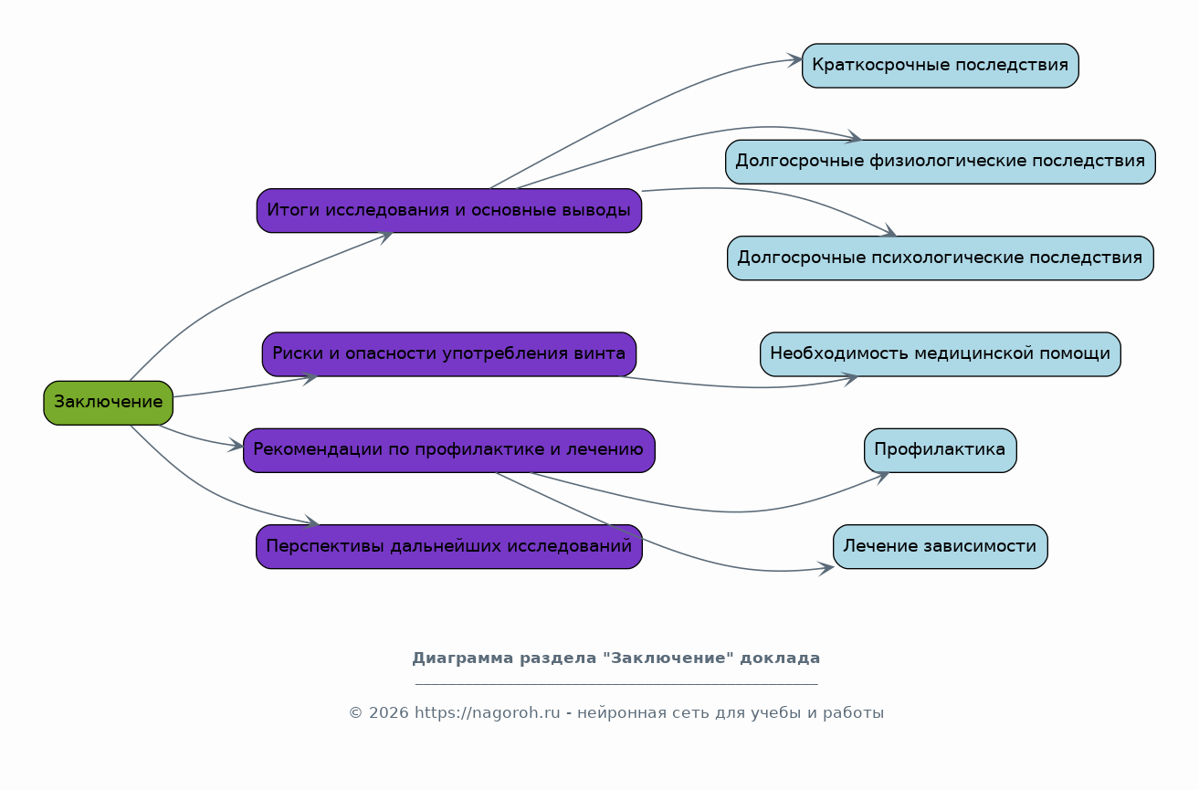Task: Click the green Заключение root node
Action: tap(108, 403)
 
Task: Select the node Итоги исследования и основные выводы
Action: tap(448, 211)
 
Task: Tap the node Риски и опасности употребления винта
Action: tap(448, 354)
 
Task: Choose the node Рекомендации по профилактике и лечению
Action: tap(448, 450)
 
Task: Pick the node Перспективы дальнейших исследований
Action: tap(448, 547)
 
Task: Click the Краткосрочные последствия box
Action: tap(940, 66)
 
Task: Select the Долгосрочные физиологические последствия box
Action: tap(940, 162)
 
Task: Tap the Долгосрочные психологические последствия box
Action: tap(940, 258)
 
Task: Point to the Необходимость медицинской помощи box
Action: tap(940, 354)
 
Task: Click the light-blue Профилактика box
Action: tap(940, 450)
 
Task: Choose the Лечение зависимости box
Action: tap(940, 547)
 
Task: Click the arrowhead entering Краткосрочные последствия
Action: tap(795, 60)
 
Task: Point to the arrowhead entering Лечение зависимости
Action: tap(826, 569)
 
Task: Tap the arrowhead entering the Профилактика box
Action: tap(881, 475)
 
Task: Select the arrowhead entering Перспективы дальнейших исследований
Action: tap(312, 523)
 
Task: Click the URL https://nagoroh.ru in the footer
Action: tap(487, 713)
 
